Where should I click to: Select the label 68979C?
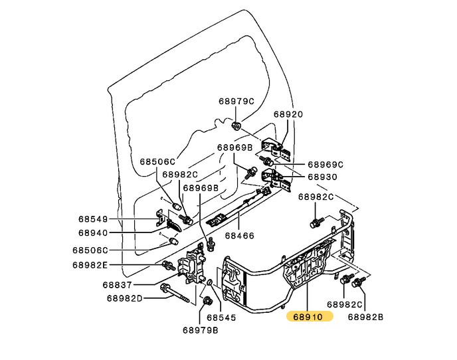click(x=236, y=102)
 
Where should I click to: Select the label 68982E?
click(x=90, y=264)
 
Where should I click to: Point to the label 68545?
click(x=221, y=317)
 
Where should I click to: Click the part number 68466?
click(x=238, y=235)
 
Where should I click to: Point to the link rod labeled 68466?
click(x=239, y=208)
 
